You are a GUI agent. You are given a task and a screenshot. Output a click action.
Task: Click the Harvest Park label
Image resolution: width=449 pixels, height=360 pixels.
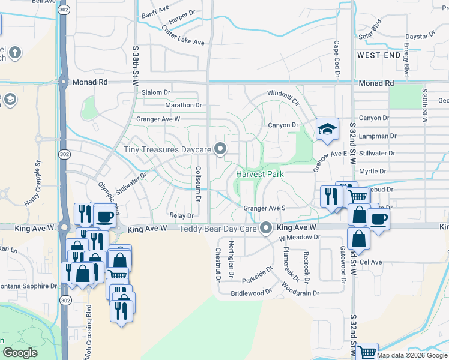[259, 173]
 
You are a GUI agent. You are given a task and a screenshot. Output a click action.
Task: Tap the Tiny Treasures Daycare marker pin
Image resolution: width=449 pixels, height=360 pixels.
[221, 148]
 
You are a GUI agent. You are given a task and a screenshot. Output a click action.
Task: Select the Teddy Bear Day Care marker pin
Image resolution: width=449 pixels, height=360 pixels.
[267, 228]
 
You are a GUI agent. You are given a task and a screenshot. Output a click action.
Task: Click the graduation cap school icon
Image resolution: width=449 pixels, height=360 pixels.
[327, 129]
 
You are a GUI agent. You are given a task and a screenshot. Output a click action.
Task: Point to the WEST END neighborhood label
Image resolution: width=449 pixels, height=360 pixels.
[378, 55]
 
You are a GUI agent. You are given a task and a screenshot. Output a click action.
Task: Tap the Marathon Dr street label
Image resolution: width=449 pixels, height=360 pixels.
[183, 105]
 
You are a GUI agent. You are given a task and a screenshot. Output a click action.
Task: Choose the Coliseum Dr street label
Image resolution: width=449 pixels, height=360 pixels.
[197, 184]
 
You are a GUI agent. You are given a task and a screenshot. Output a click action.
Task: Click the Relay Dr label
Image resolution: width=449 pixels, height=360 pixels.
[182, 215]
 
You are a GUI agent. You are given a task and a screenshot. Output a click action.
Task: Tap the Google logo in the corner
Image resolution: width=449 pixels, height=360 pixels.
[20, 352]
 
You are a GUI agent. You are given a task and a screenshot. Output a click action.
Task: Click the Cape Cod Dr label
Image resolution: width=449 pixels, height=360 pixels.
[337, 59]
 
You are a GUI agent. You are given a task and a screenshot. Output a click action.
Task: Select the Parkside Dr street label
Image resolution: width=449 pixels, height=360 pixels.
[258, 275]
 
